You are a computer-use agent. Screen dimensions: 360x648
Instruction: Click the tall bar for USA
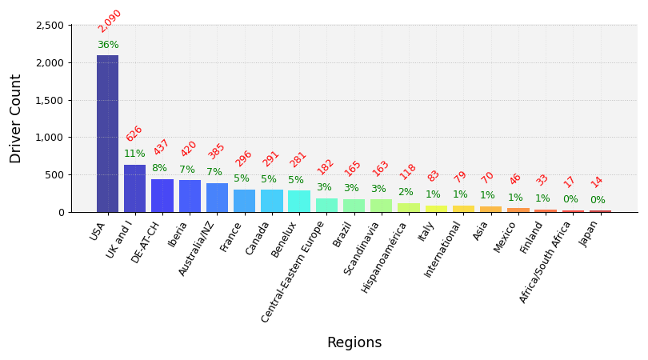pos(107,134)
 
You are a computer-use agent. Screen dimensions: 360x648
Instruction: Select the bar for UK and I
pos(134,189)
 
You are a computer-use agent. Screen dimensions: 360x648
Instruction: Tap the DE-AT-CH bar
pos(162,195)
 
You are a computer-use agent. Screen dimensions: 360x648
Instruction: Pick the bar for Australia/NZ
pos(217,198)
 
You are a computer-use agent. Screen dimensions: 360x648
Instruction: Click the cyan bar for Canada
pos(271,201)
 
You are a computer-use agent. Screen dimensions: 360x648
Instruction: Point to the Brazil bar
pos(354,206)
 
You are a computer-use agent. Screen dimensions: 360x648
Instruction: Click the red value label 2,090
pos(110,21)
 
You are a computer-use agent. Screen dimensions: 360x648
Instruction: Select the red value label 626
pos(134,134)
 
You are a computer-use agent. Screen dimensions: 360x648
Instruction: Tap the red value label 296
pos(243,158)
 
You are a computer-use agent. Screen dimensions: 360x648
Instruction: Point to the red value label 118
pos(408,171)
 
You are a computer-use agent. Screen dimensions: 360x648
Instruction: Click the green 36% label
pos(108,46)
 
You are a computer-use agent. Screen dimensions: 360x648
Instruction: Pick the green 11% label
pos(134,154)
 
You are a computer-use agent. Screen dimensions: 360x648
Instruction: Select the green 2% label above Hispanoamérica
pos(406,193)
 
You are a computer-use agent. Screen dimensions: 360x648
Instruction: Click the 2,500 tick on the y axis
pos(50,26)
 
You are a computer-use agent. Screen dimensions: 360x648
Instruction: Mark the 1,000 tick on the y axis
pos(50,138)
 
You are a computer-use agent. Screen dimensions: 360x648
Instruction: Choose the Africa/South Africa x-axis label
pos(546,261)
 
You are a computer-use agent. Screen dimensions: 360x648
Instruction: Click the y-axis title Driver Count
pos(16,118)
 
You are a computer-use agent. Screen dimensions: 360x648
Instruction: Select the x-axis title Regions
pos(354,343)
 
